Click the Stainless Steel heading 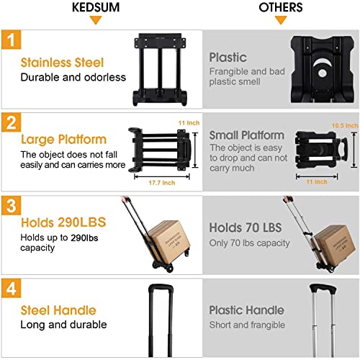[62, 63]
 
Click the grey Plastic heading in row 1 [228, 57]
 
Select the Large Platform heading [63, 139]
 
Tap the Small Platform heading [246, 135]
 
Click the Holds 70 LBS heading [246, 228]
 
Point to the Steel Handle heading [58, 310]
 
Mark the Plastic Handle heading [246, 310]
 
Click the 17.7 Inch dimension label [158, 183]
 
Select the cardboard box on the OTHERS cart [333, 243]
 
